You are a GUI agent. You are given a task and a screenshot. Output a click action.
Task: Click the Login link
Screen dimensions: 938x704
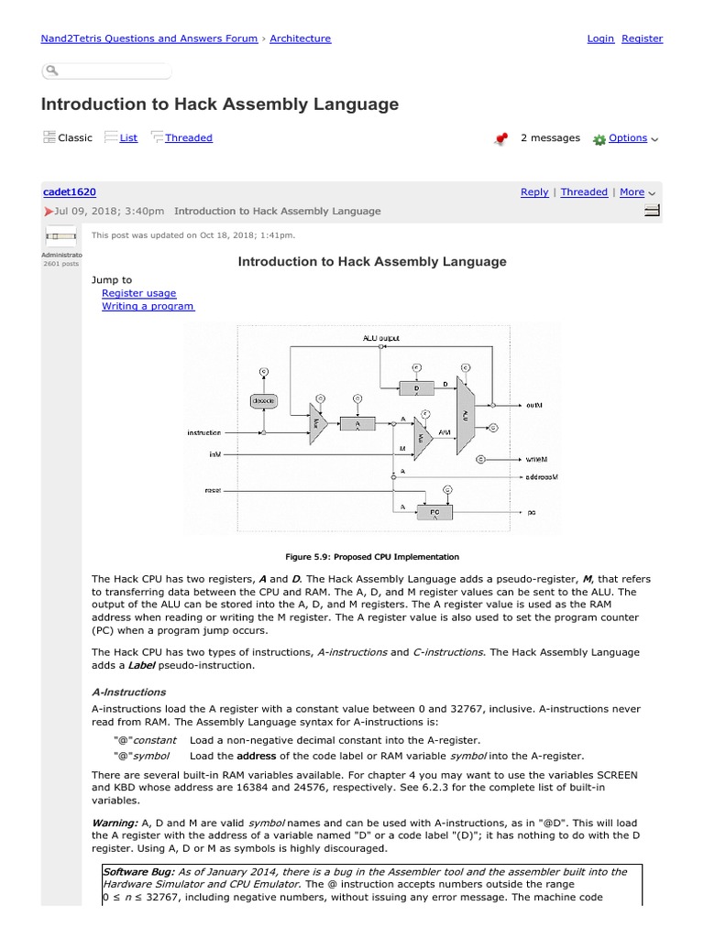point(600,38)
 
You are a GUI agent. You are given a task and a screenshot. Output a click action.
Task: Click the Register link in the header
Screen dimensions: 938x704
point(642,38)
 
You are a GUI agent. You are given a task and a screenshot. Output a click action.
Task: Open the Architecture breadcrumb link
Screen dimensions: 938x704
point(300,38)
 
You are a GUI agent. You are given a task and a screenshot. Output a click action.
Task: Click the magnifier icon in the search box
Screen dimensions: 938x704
point(52,71)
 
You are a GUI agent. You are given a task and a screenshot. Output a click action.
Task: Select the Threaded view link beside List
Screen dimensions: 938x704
point(188,137)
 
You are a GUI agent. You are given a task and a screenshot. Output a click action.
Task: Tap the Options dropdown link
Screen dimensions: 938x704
point(628,138)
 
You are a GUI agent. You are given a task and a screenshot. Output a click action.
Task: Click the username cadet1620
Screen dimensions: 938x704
point(70,191)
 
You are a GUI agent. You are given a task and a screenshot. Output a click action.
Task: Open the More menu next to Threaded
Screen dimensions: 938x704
point(632,192)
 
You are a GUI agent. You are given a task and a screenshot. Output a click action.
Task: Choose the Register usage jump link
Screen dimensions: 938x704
point(138,293)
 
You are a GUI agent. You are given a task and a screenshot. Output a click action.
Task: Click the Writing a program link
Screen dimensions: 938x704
point(148,306)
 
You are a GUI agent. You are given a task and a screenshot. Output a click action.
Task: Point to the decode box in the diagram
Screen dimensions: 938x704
point(263,400)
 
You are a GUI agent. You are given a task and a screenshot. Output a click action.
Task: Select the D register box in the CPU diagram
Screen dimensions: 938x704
point(415,388)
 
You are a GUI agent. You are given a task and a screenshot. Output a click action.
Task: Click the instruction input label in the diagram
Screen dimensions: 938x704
point(204,431)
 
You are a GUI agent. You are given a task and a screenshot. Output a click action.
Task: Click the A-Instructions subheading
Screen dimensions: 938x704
point(128,692)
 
